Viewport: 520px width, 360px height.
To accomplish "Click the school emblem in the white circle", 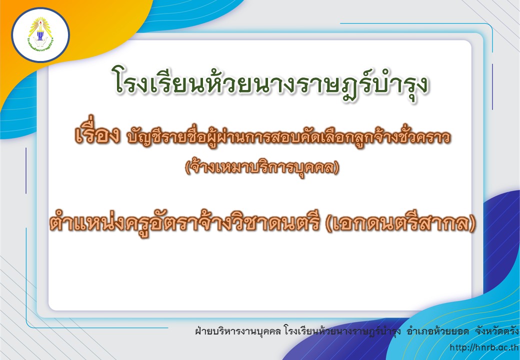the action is pos(40,34).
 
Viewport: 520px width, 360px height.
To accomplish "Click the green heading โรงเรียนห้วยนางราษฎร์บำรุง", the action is pos(270,83).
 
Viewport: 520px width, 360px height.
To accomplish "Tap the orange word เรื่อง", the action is pos(97,134).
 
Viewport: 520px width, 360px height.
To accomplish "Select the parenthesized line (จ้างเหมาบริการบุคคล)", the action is pos(262,167).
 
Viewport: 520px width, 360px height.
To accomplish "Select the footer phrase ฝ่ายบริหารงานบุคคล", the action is pos(238,331).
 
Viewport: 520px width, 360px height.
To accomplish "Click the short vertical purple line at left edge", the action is pos(26,170).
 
